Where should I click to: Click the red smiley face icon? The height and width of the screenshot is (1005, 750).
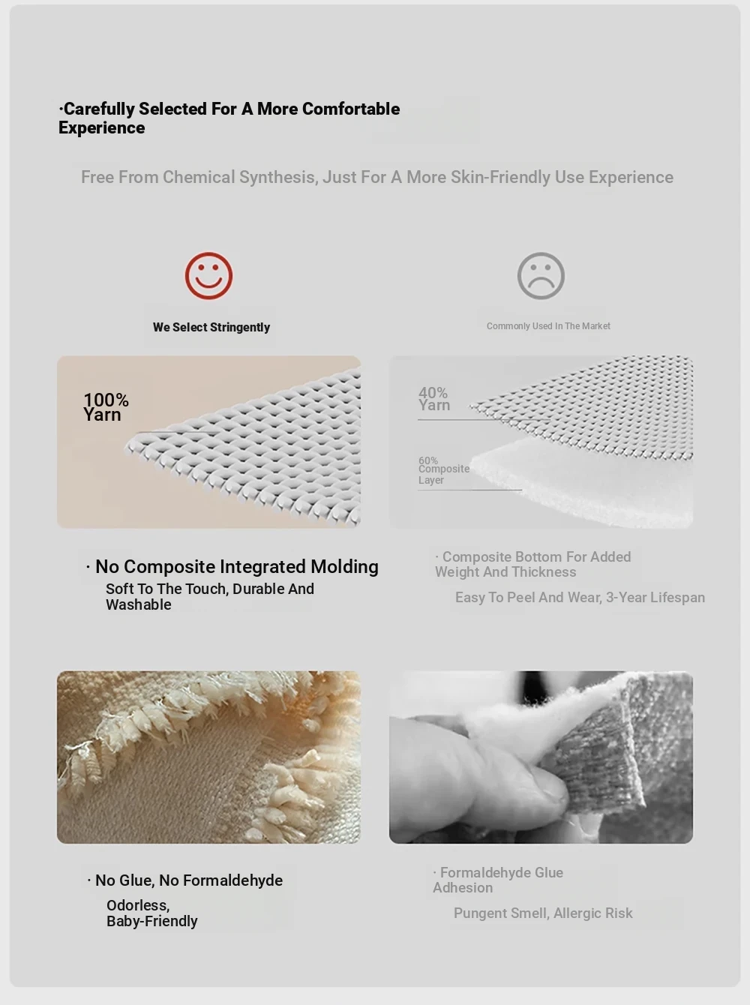pyautogui.click(x=208, y=276)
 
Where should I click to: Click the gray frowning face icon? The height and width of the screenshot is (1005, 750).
pyautogui.click(x=541, y=276)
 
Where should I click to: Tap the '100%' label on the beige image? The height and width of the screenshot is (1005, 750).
pyautogui.click(x=106, y=400)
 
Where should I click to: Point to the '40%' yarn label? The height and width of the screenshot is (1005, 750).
pyautogui.click(x=433, y=392)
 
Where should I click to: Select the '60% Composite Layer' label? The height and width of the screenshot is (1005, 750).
pyautogui.click(x=444, y=470)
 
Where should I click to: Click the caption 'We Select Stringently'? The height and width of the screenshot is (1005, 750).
pyautogui.click(x=211, y=327)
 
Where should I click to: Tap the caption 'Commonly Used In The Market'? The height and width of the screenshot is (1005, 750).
pyautogui.click(x=548, y=326)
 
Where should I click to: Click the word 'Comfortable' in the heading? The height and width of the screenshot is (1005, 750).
pyautogui.click(x=351, y=109)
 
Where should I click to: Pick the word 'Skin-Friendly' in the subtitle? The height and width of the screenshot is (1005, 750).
pyautogui.click(x=500, y=177)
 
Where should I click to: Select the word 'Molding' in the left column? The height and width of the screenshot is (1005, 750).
pyautogui.click(x=344, y=566)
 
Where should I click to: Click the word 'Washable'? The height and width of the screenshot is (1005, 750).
pyautogui.click(x=138, y=604)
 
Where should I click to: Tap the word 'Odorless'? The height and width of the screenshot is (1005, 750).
pyautogui.click(x=138, y=906)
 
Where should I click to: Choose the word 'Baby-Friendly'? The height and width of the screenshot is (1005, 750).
pyautogui.click(x=152, y=921)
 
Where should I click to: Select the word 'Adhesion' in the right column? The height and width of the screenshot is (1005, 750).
pyautogui.click(x=463, y=888)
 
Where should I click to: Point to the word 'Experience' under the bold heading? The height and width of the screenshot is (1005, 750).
pyautogui.click(x=102, y=127)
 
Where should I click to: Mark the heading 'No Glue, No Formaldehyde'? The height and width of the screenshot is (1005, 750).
pyautogui.click(x=189, y=880)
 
